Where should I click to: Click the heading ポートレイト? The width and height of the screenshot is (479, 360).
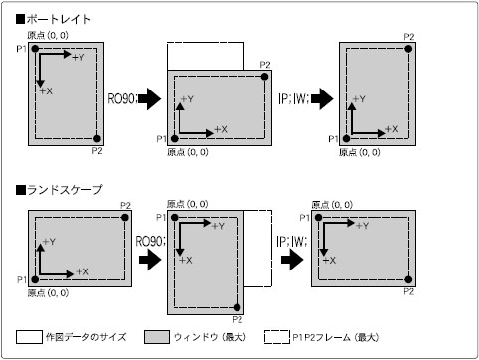coord(59,19)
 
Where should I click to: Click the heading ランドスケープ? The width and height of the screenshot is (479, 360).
coord(65,190)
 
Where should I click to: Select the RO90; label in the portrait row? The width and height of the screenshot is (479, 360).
coord(122,98)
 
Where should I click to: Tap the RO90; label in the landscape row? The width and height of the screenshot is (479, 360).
coord(150,241)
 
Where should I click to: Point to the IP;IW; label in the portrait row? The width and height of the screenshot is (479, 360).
coord(294,98)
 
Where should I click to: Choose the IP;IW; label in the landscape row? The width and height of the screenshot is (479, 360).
coord(292,241)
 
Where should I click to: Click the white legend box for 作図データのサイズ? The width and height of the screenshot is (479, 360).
coord(29,337)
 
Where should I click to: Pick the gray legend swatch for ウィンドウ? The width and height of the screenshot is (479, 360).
coord(157,337)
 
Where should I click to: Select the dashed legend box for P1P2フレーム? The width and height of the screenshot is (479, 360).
coord(277,337)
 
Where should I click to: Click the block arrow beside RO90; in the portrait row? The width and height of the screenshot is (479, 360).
coord(150,98)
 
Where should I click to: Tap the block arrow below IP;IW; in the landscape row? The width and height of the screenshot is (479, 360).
coord(292,259)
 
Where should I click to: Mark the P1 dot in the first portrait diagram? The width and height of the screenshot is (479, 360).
coord(35,49)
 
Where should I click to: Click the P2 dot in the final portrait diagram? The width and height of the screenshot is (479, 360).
coord(408,49)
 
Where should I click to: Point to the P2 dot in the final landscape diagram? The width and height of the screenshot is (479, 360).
coord(408,279)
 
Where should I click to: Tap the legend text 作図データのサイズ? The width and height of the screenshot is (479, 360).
coord(86,337)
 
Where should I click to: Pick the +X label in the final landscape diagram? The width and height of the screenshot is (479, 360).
coord(329,261)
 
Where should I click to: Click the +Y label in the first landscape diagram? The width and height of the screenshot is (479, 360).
coord(49,242)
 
